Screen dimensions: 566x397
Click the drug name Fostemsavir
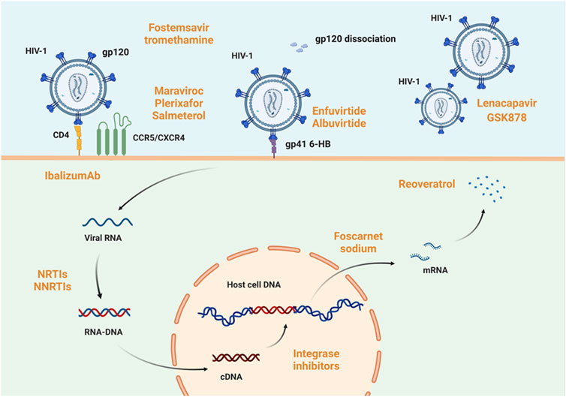click(x=179, y=28)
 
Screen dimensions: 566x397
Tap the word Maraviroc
click(x=179, y=91)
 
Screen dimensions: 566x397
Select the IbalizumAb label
click(x=73, y=176)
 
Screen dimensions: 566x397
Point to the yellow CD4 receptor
click(x=78, y=138)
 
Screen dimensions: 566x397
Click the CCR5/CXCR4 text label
click(x=159, y=137)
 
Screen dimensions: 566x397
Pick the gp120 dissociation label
click(x=356, y=38)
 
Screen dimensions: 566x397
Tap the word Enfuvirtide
click(x=339, y=111)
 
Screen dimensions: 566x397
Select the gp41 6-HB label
click(x=308, y=144)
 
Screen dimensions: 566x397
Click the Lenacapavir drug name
click(x=507, y=104)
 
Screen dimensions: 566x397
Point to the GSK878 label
click(x=507, y=117)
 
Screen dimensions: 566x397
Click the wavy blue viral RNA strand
click(x=107, y=222)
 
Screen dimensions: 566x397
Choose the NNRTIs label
click(x=53, y=287)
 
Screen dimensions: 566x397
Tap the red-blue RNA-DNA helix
click(x=104, y=312)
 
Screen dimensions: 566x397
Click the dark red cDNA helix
click(x=236, y=357)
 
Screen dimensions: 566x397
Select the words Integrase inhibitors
click(x=316, y=359)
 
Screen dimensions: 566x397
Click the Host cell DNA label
click(x=254, y=284)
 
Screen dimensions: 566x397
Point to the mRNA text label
click(x=435, y=270)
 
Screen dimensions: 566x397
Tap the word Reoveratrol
click(x=426, y=184)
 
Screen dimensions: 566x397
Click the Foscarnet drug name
click(x=358, y=236)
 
